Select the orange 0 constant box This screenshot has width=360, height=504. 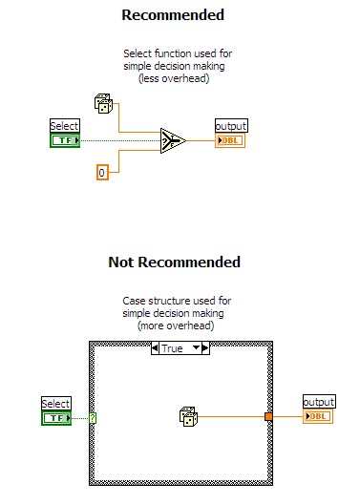(103, 172)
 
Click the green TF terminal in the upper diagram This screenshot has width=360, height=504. (64, 141)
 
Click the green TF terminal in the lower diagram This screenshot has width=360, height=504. (57, 418)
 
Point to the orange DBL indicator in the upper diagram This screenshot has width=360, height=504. (232, 141)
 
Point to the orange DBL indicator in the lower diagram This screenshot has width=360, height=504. (318, 417)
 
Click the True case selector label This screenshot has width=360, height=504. (172, 348)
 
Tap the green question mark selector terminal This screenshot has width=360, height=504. (94, 417)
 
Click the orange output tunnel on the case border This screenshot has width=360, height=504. (269, 416)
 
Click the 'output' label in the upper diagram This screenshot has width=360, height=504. (232, 127)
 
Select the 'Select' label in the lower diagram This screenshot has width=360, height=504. (57, 404)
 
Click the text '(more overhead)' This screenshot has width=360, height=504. (177, 325)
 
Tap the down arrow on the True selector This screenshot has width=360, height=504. (198, 348)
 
